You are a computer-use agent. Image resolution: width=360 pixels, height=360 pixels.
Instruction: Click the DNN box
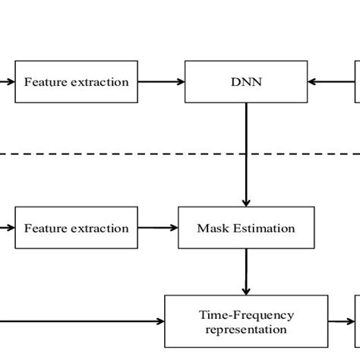tap(246, 81)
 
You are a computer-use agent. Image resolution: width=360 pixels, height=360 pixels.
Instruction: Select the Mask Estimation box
tap(246, 228)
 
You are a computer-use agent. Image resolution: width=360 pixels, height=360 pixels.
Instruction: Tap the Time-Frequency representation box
tap(246, 322)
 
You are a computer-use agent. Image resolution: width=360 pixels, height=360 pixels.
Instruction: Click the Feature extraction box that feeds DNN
tap(76, 81)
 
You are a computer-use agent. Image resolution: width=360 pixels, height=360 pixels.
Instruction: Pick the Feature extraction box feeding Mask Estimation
tap(76, 228)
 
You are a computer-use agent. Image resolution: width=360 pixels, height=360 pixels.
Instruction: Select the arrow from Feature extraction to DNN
tap(161, 81)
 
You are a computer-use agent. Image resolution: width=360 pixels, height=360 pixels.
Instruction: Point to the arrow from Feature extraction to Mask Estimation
tap(158, 228)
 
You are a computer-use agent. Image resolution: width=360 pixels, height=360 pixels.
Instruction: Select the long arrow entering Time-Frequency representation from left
tap(84, 322)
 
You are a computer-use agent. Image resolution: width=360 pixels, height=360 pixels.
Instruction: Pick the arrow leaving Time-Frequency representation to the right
tap(342, 322)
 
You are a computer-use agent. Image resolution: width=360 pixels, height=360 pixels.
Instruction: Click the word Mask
tap(213, 228)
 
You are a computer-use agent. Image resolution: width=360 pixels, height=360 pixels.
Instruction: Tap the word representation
tap(246, 330)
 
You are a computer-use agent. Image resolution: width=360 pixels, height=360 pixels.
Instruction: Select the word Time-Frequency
tap(246, 314)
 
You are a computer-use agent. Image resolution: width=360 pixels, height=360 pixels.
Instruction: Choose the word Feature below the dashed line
tap(43, 228)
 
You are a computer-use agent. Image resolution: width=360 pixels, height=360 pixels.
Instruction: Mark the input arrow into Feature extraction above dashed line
tap(7, 81)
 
